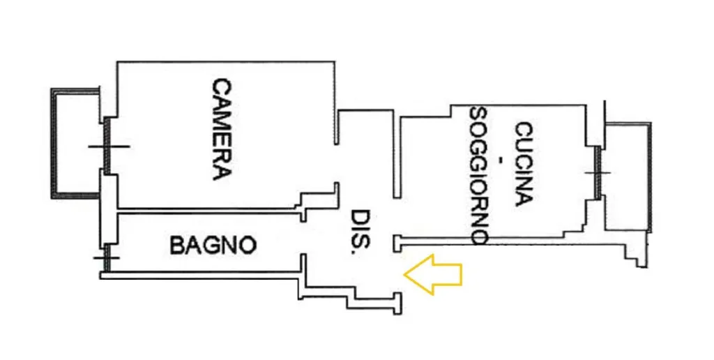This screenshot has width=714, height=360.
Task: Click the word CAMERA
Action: point(222,129)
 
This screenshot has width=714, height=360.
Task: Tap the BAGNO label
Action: point(213,245)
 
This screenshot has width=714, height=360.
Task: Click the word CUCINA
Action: point(523,164)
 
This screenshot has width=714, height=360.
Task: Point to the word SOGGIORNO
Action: point(479,176)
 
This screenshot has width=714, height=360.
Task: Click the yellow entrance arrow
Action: point(433,274)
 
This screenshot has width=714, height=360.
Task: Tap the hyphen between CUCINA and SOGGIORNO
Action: point(501,160)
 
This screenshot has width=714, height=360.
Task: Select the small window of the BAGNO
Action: point(107,257)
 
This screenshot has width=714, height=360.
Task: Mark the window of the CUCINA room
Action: point(598,172)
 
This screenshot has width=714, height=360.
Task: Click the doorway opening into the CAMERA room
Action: point(337,163)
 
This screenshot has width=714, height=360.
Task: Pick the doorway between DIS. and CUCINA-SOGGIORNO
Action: point(397,216)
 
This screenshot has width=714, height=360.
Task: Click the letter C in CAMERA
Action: point(222,87)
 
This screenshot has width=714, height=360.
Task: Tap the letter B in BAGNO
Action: point(178,246)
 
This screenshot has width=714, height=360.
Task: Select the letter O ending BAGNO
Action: point(248,246)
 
